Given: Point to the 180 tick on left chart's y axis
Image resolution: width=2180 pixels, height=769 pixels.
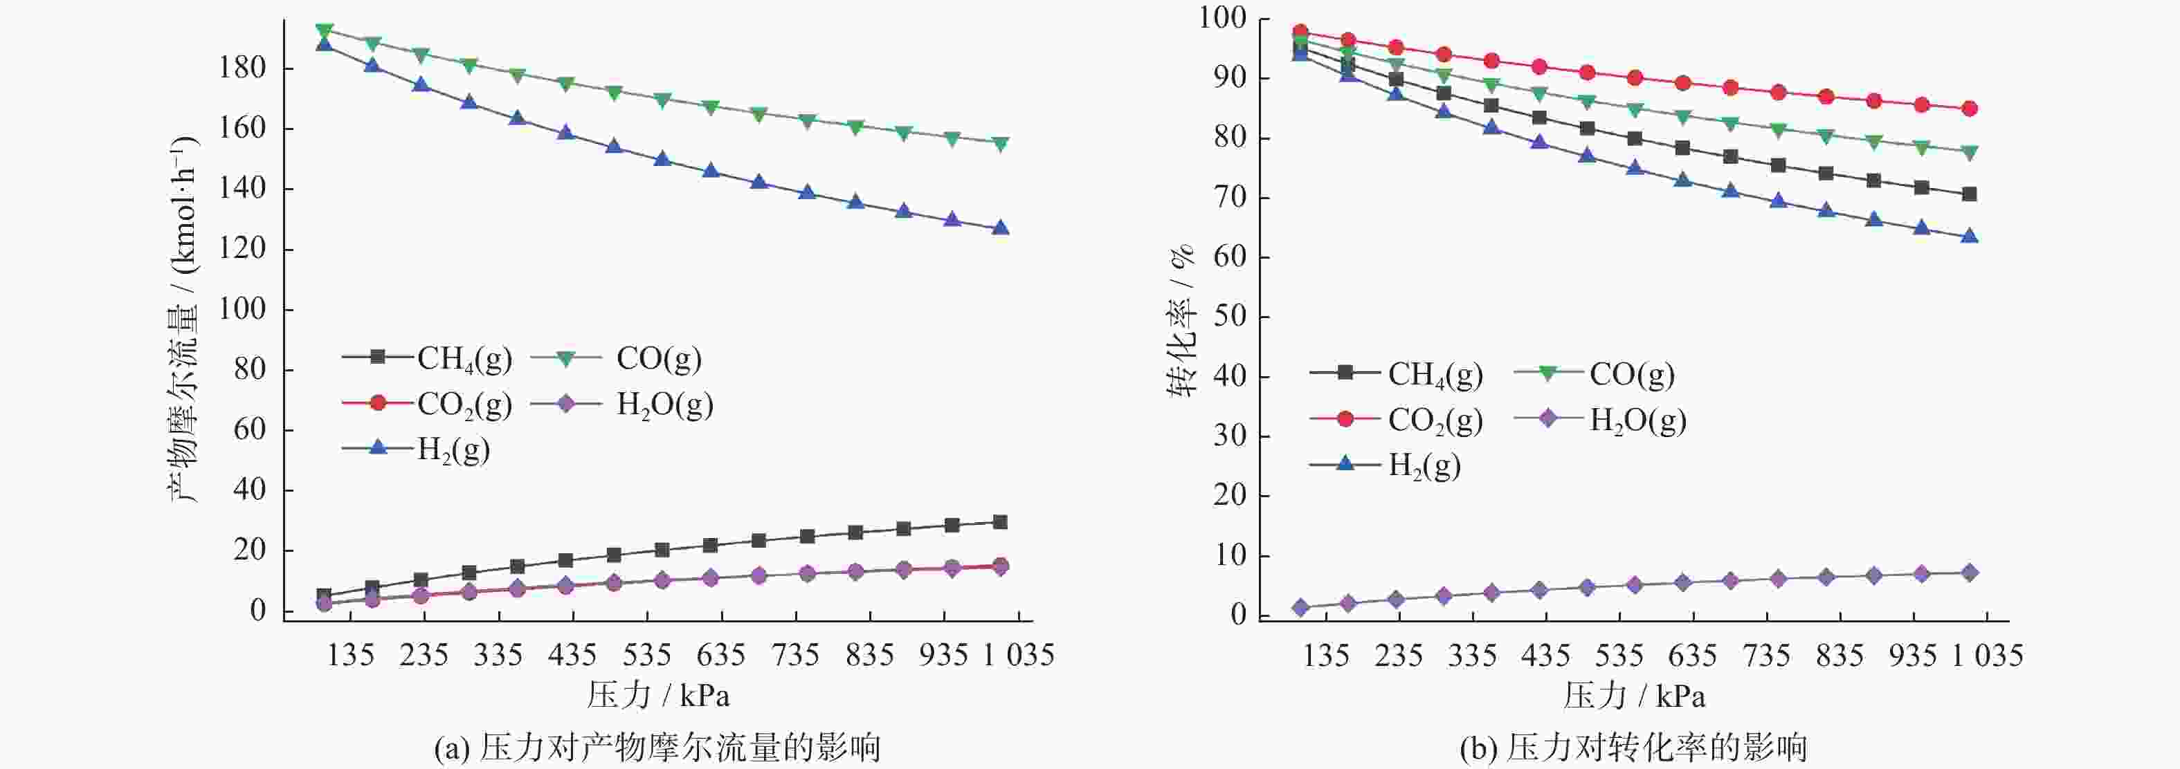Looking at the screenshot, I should tap(242, 68).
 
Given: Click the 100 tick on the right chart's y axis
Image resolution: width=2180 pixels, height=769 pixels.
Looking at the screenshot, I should tap(1222, 18).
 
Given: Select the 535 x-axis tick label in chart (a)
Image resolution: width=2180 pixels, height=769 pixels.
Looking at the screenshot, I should tap(646, 655).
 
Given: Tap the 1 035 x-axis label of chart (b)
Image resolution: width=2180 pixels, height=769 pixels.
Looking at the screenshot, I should tap(1987, 655).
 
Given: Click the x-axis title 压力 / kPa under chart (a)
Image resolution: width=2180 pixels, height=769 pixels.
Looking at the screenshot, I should tap(658, 696).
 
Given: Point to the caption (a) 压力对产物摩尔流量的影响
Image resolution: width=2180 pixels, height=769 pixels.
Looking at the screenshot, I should tap(657, 748).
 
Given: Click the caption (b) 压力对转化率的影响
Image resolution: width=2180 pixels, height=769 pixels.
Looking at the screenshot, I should tap(1633, 748).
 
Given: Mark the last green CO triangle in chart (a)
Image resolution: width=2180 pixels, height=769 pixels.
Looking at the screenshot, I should tap(999, 144).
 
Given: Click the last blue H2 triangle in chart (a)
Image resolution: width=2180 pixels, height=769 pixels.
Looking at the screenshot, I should tap(999, 228).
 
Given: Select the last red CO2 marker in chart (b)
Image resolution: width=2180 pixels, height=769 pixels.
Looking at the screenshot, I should tap(1970, 109).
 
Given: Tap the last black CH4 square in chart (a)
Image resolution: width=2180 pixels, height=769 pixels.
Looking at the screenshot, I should tap(999, 522).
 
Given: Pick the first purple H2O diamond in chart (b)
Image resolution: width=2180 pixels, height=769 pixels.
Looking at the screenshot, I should tap(1300, 607).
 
